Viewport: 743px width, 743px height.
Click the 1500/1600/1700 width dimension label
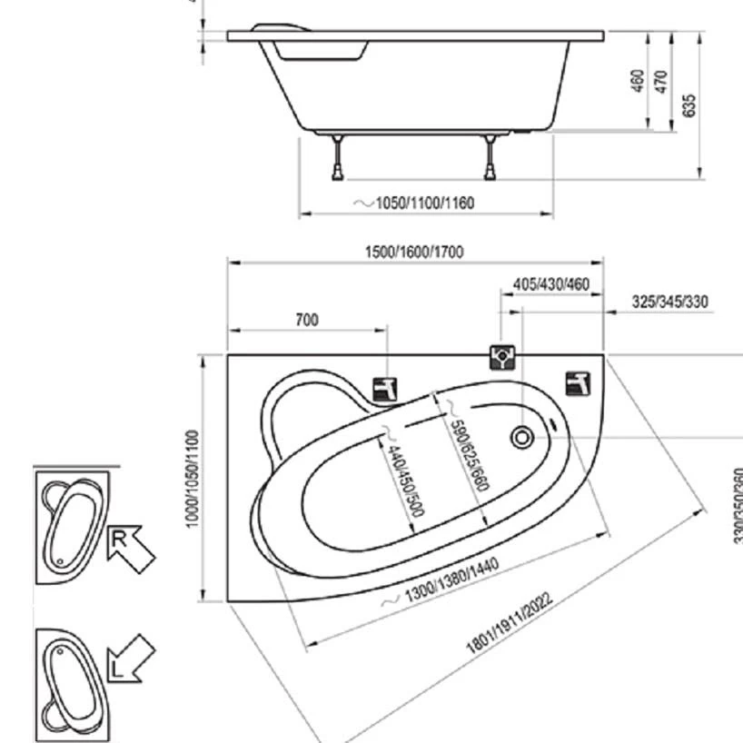pyautogui.click(x=414, y=252)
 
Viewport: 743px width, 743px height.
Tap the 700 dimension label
pyautogui.click(x=307, y=320)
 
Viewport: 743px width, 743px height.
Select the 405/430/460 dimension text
pyautogui.click(x=551, y=284)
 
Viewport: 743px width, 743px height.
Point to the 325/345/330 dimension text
pyautogui.click(x=670, y=302)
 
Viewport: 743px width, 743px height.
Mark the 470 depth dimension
pyautogui.click(x=660, y=82)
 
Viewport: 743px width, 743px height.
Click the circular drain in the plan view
pyautogui.click(x=522, y=439)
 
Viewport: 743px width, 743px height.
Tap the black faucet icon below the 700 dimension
pyautogui.click(x=386, y=390)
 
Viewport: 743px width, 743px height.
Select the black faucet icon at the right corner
pyautogui.click(x=578, y=383)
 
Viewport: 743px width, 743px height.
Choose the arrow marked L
pyautogui.click(x=130, y=659)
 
